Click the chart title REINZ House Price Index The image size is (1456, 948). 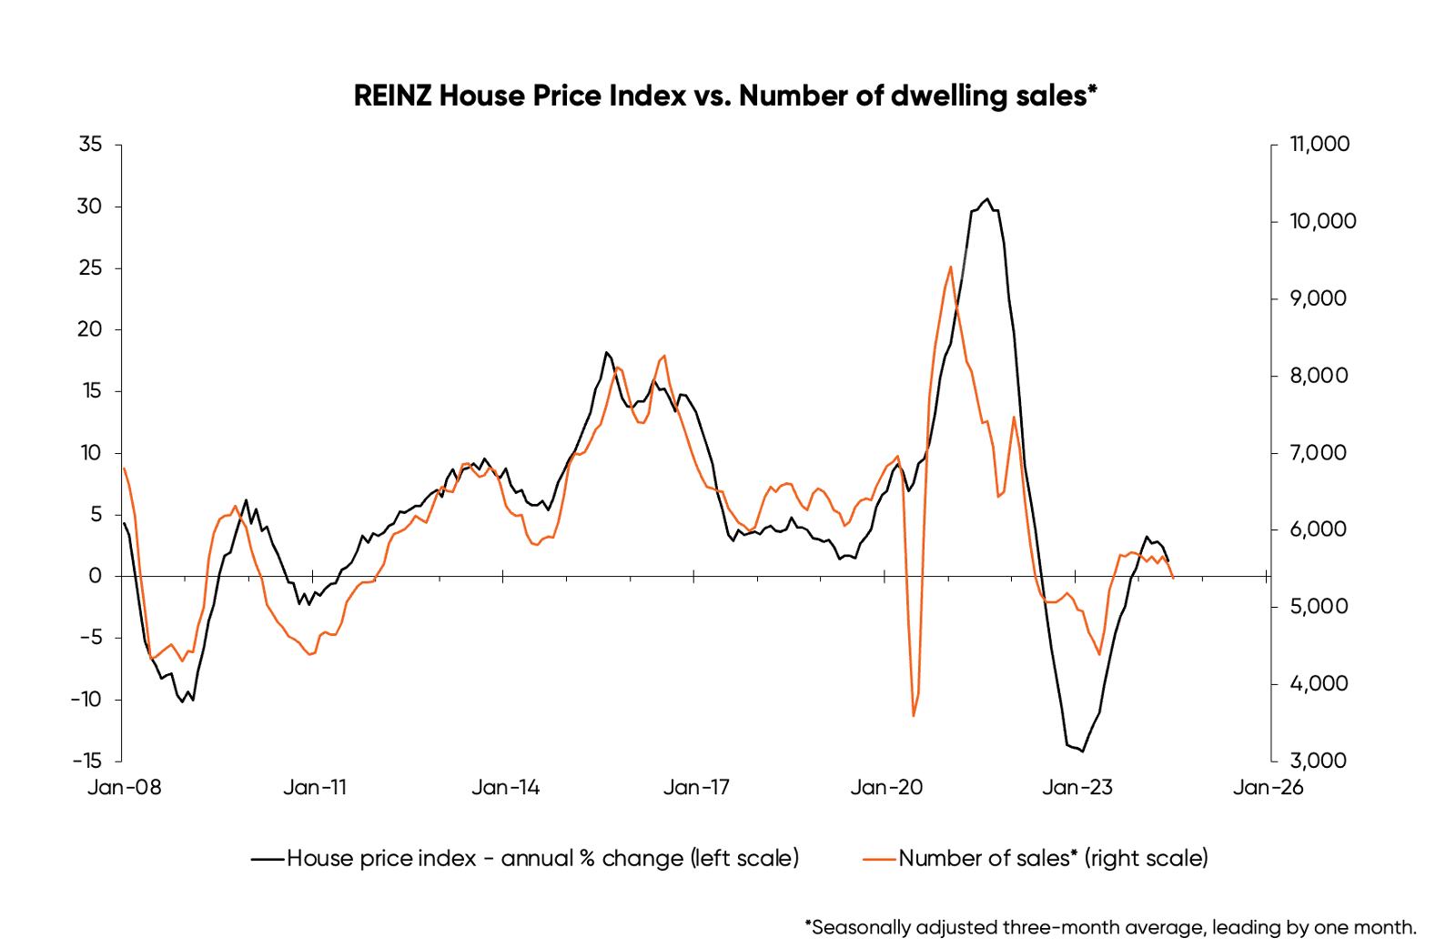pos(725,96)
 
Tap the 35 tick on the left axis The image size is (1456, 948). pos(90,144)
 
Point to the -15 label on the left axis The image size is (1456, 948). pos(88,761)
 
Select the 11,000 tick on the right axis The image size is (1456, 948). pos(1319,144)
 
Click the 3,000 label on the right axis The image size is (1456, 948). pos(1319,761)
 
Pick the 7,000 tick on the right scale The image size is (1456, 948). pos(1319,452)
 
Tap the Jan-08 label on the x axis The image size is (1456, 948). pos(124,787)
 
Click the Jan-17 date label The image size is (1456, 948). pos(696,787)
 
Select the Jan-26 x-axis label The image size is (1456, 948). pos(1268,787)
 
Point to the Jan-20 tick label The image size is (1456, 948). pos(886,787)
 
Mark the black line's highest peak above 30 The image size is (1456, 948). pos(987,199)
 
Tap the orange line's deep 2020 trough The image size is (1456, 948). pos(913,715)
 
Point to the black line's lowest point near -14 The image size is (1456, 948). pos(1082,751)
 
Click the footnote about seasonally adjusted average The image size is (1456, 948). pos(1110,927)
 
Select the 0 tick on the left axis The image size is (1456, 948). pos(96,576)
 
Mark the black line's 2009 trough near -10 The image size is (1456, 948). pos(182,701)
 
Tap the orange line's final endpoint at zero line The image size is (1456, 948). pos(1173,577)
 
